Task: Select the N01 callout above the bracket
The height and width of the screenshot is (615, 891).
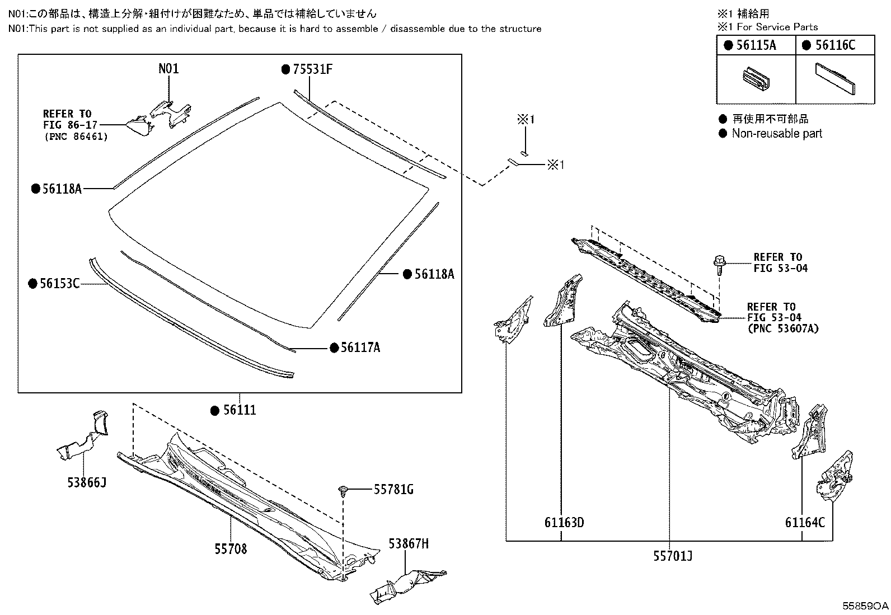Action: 168,69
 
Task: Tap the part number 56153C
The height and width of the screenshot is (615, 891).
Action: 59,284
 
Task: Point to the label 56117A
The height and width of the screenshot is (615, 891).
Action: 360,348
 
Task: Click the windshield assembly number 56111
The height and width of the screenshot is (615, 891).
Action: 239,411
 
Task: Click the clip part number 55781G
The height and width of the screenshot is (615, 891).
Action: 393,490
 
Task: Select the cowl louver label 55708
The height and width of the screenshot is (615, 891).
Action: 231,549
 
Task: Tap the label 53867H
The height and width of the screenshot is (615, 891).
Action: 409,543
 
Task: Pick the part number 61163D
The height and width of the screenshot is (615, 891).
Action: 564,523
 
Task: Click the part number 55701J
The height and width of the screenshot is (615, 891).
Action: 673,556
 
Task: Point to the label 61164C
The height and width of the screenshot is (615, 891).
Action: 805,523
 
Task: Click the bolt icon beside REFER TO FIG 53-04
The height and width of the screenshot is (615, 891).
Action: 719,264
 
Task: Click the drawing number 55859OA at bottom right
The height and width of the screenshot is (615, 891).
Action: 866,606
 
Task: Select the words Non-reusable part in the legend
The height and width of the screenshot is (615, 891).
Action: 777,133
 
